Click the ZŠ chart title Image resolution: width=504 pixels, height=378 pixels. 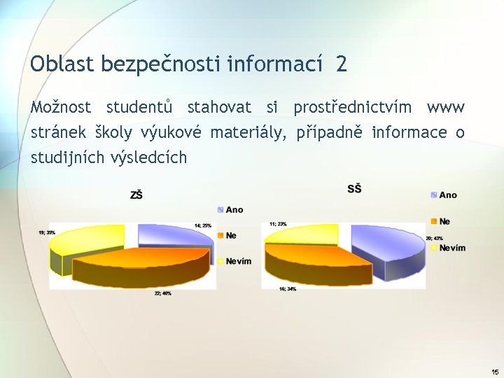(136, 195)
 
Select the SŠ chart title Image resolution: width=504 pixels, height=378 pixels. (354, 189)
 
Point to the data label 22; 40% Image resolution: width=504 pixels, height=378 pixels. (163, 293)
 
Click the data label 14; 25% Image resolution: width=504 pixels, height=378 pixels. (203, 225)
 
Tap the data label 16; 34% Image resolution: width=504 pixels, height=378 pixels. (286, 288)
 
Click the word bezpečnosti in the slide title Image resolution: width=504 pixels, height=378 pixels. (162, 64)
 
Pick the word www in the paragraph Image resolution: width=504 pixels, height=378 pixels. (445, 108)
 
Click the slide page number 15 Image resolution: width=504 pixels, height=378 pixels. (495, 372)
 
